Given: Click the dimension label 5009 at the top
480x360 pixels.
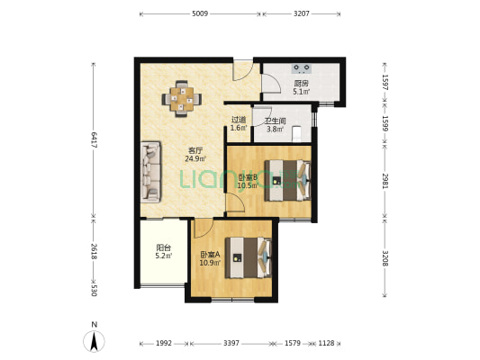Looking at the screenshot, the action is tap(200, 13).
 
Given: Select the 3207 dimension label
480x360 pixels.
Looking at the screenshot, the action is tap(302, 13).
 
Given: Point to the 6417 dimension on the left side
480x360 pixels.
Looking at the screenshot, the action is tap(94, 140).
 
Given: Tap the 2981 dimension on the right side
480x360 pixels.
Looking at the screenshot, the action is tap(385, 181).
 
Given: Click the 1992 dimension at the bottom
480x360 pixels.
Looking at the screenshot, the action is tap(164, 344).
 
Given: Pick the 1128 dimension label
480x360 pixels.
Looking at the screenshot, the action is tap(326, 344).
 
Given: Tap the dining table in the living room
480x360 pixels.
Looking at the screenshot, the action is tap(182, 99).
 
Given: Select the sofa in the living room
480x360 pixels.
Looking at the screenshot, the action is tap(150, 172).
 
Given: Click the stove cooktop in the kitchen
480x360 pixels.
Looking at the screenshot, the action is tap(302, 68).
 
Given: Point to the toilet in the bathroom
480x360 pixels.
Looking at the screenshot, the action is tap(296, 134).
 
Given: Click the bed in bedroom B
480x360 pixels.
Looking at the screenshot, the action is tap(287, 181).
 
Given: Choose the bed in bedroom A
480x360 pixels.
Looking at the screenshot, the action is tap(249, 257).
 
